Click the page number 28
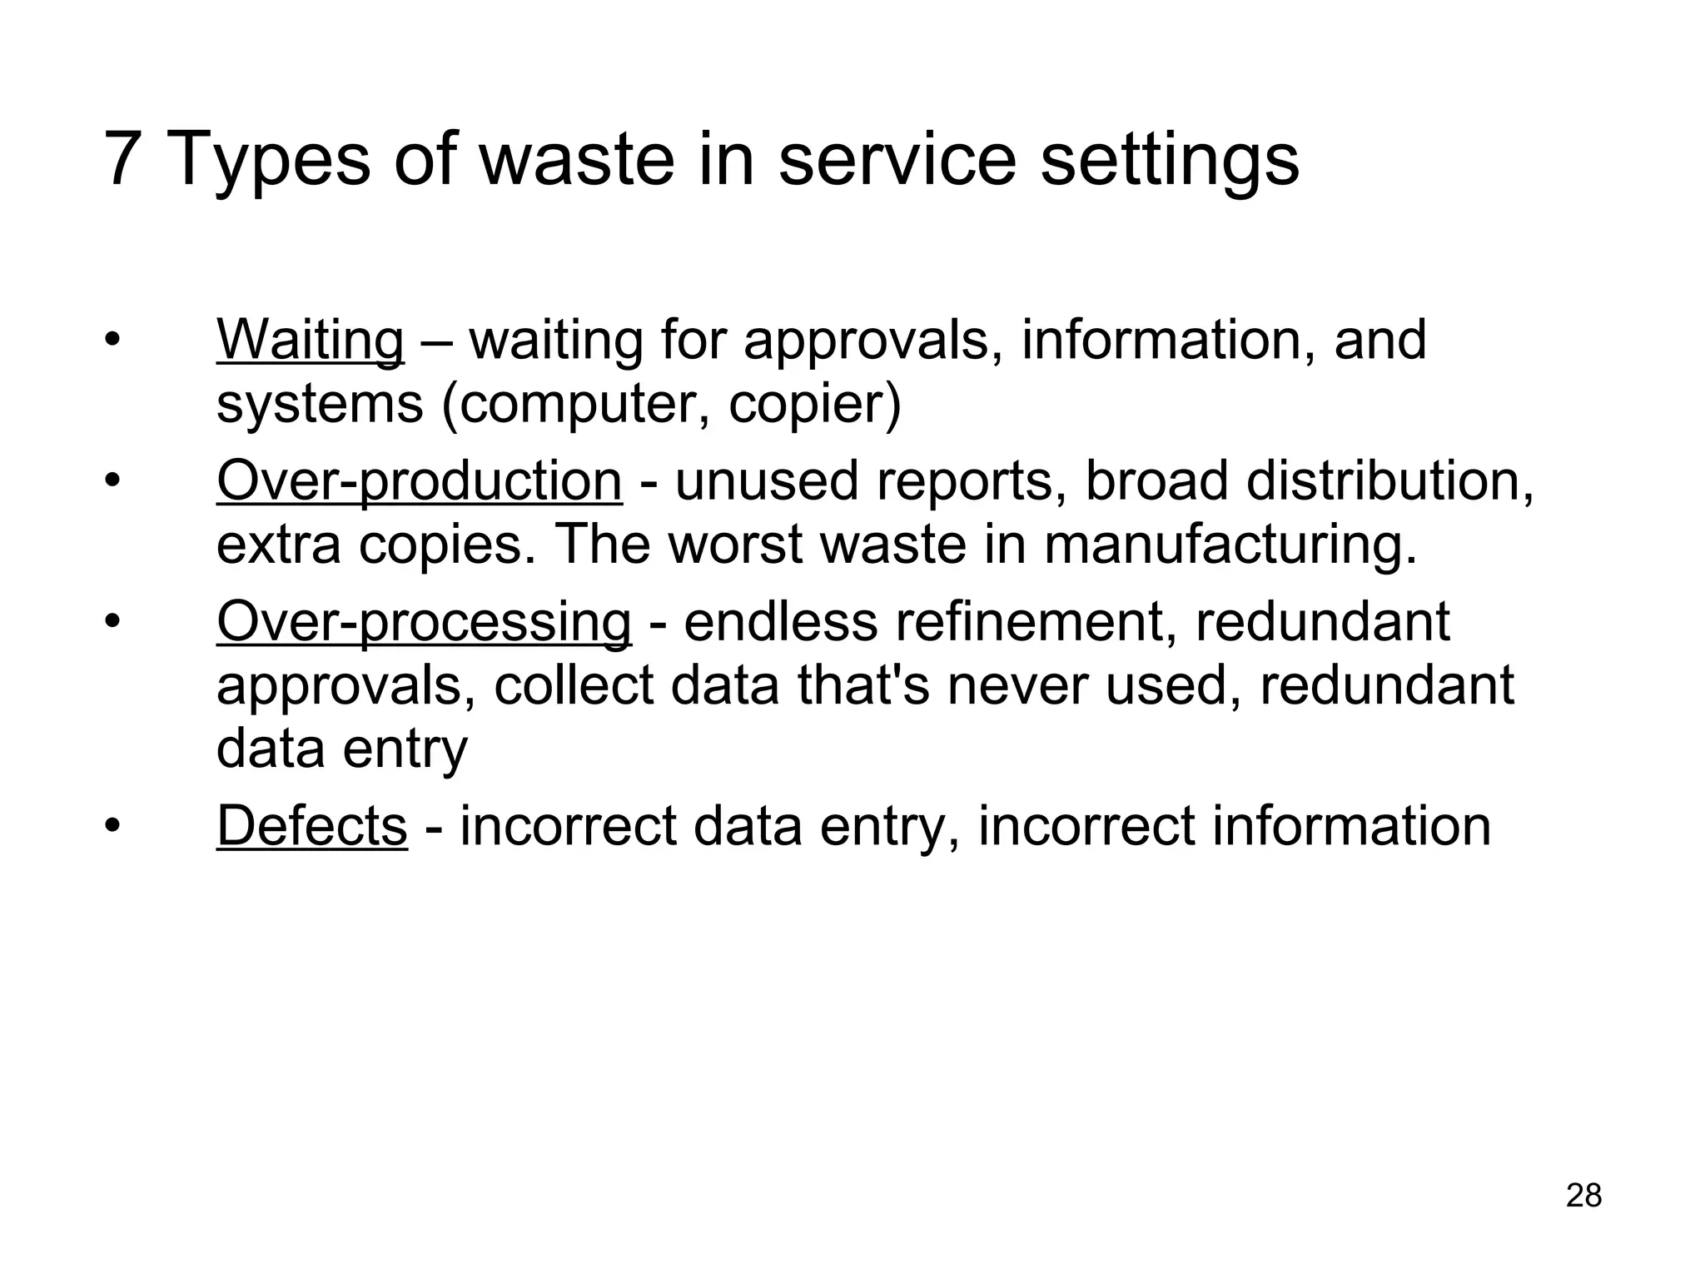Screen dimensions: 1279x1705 click(1583, 1196)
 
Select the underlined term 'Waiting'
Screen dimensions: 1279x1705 click(310, 341)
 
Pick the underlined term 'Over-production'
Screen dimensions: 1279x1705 click(419, 481)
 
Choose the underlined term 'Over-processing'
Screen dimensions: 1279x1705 click(424, 622)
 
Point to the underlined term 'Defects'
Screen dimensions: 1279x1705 click(312, 826)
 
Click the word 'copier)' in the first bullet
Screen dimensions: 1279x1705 click(815, 404)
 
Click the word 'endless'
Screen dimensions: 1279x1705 click(781, 622)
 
